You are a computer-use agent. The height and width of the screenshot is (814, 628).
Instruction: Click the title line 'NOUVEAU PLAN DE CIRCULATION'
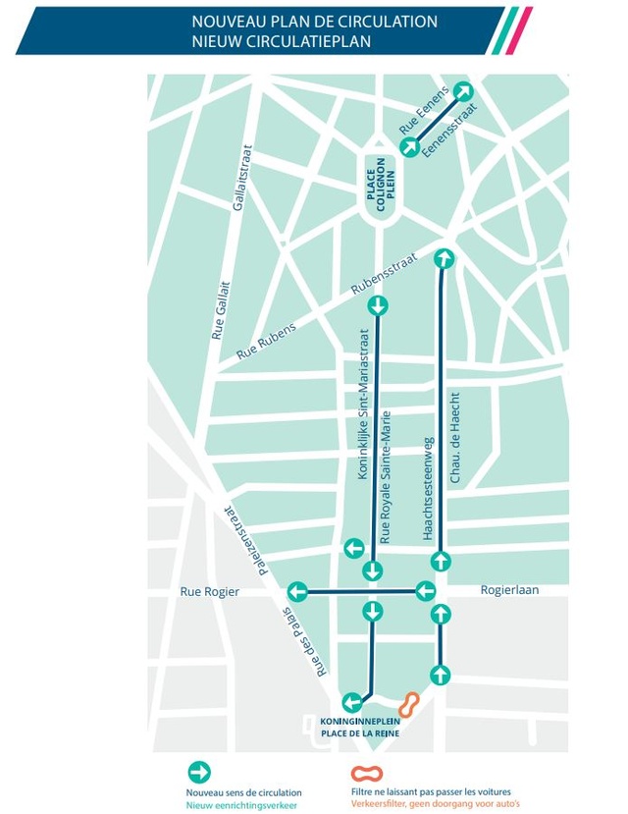point(314,22)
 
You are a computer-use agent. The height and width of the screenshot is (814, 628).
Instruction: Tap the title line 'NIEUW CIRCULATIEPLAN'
point(283,41)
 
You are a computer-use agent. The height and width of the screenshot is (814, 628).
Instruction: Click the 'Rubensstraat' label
point(384,274)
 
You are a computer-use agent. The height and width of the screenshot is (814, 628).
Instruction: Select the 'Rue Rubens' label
point(265,337)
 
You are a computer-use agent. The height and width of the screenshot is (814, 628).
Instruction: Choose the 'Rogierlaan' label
point(510,590)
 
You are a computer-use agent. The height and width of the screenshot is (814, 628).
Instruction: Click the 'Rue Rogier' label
point(210,591)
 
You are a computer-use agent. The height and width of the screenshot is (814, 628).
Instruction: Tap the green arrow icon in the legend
point(201,771)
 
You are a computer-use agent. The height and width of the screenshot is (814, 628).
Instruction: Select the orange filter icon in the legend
point(366,772)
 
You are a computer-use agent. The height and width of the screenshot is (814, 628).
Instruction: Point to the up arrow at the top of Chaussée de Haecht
point(445,257)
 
